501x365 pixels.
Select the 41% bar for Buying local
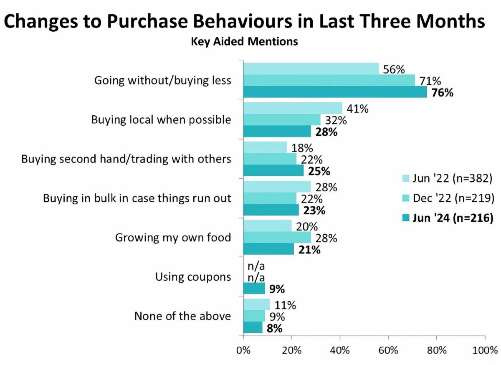[x=293, y=109]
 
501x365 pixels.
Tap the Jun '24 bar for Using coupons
[x=254, y=288]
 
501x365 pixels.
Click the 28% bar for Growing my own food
[x=277, y=238]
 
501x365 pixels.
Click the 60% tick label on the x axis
[x=388, y=350]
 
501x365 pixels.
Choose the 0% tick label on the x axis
[x=243, y=350]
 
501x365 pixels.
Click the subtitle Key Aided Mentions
[x=244, y=42]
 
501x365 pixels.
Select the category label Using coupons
[x=193, y=276]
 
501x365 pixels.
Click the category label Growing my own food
[x=173, y=238]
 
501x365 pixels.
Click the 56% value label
[x=394, y=69]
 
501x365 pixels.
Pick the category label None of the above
[x=182, y=316]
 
